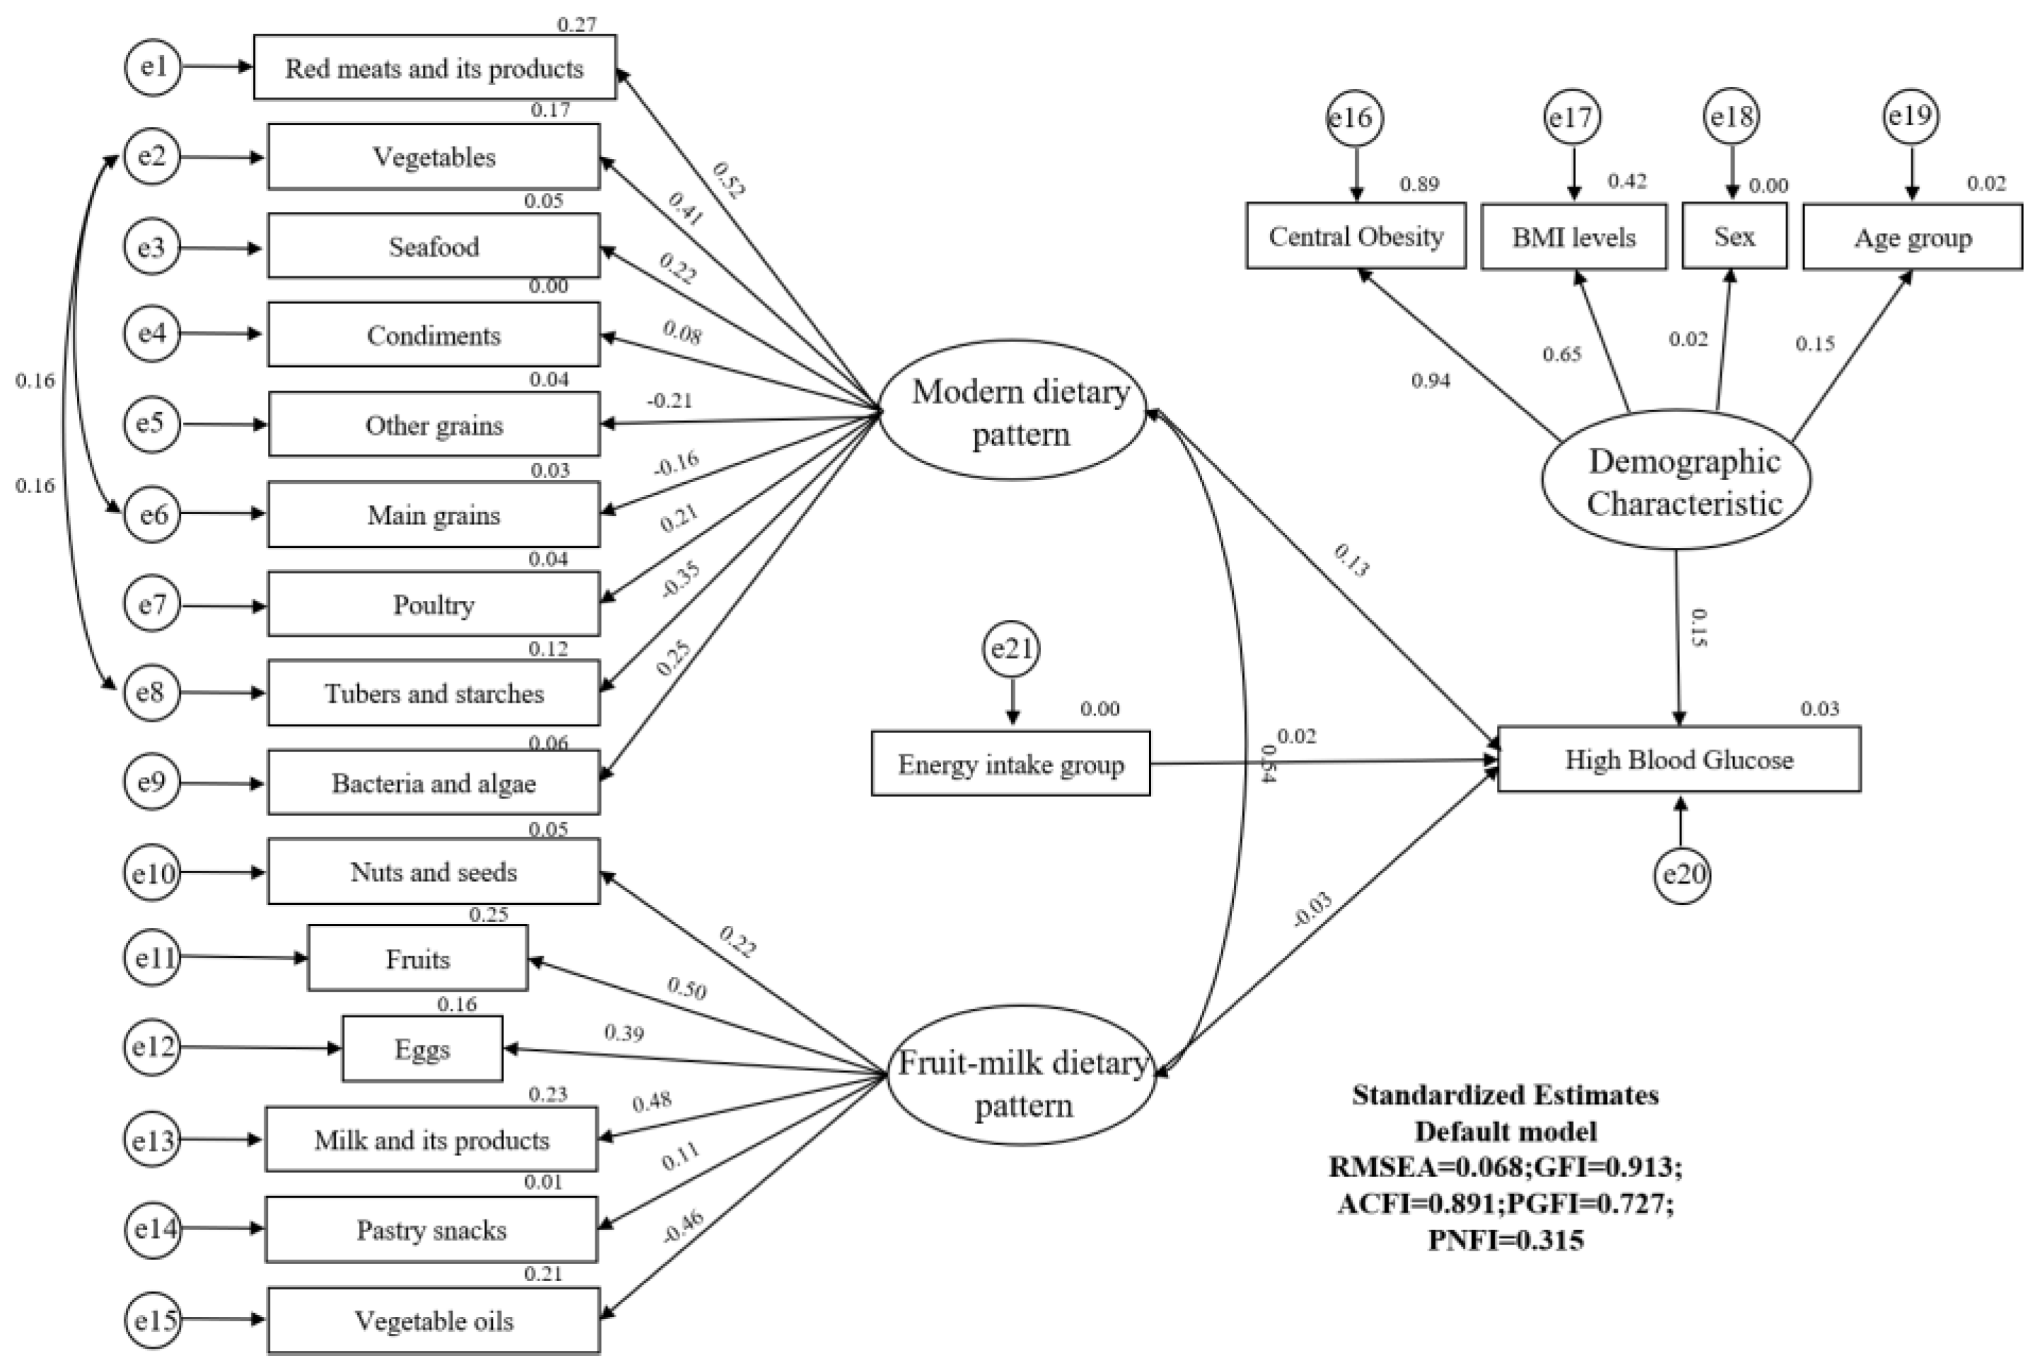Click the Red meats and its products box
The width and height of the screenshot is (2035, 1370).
point(434,67)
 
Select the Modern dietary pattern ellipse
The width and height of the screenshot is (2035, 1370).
point(1012,411)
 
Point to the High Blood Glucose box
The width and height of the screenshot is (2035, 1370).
point(1678,759)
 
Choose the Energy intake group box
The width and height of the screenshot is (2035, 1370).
point(1010,764)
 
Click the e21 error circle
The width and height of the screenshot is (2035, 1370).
point(1011,649)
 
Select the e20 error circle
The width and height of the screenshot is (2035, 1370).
point(1682,874)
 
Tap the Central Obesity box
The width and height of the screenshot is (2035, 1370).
point(1355,236)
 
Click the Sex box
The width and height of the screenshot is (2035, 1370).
point(1734,236)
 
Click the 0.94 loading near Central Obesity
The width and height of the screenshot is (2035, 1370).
point(1430,380)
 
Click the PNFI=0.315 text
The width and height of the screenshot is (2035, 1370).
point(1505,1240)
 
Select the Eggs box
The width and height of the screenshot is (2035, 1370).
point(422,1048)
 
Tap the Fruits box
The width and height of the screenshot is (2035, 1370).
point(418,959)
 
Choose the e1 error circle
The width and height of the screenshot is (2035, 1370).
point(153,66)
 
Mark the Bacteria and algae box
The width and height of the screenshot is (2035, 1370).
point(433,783)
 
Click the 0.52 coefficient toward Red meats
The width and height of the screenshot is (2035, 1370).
point(728,180)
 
